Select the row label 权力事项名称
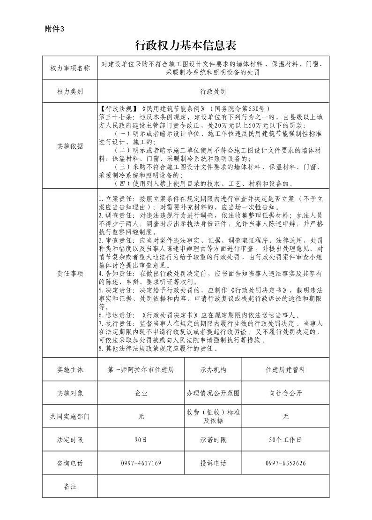coord(70,69)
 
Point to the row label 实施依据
coord(70,146)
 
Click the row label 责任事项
coord(70,273)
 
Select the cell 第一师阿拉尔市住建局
coord(141,370)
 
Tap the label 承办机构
coord(213,370)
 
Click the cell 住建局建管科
coord(285,370)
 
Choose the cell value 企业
coord(141,393)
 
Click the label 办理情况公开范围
coord(213,393)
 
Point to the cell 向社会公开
coord(285,393)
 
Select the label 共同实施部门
coord(70,416)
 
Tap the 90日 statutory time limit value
coord(141,440)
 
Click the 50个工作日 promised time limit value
coord(285,440)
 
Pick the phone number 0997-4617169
coord(141,463)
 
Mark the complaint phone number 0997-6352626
coord(285,463)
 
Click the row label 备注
coord(70,486)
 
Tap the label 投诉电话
coord(213,463)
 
